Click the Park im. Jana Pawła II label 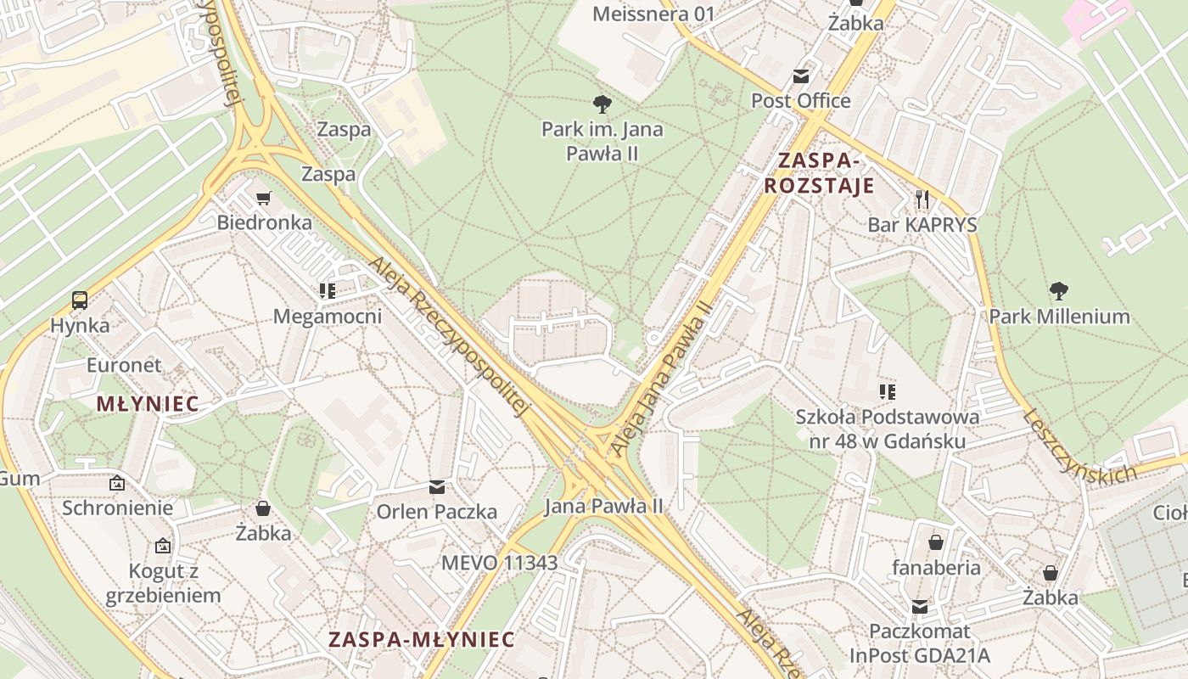click(x=602, y=142)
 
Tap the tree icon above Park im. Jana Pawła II click(x=602, y=104)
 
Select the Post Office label click(x=800, y=101)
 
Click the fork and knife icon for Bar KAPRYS click(x=922, y=199)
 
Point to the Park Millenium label click(x=1059, y=317)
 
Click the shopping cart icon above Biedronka click(x=264, y=198)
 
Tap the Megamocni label click(x=328, y=317)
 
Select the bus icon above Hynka click(x=79, y=300)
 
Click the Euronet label click(x=124, y=366)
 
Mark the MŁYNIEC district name click(x=148, y=404)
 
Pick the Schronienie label click(x=117, y=508)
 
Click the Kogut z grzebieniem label click(x=163, y=583)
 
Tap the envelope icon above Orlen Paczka click(x=437, y=487)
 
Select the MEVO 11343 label click(x=500, y=563)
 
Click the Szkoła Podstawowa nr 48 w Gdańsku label click(x=887, y=429)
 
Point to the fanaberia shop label click(x=936, y=568)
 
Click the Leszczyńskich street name click(x=1079, y=447)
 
